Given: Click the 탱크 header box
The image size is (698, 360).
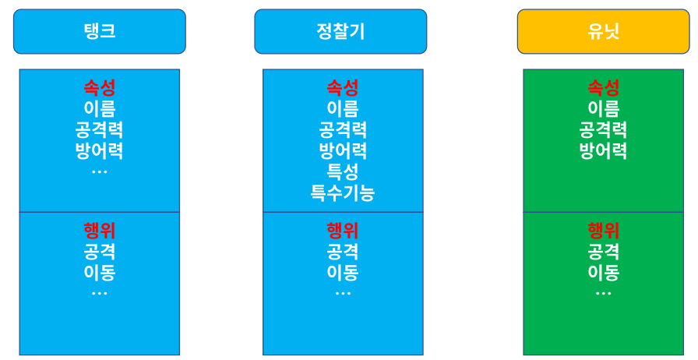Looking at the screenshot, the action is click(100, 31).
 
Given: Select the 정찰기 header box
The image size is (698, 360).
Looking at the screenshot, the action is click(340, 31).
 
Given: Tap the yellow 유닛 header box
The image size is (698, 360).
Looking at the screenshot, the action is click(604, 31).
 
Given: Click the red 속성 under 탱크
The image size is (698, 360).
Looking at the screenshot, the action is click(100, 87).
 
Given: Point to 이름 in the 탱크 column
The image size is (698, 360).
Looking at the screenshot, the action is click(100, 108).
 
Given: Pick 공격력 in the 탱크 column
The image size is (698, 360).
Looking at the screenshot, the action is click(100, 129).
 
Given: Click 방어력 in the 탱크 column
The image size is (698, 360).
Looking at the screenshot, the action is click(100, 150).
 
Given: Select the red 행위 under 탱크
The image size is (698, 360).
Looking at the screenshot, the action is click(100, 231).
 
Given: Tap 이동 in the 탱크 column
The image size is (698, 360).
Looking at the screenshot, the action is click(100, 273).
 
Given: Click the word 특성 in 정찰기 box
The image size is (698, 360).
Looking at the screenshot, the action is click(343, 171).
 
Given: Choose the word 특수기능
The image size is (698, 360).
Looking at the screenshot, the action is click(343, 192).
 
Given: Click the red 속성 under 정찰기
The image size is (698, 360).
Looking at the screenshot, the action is click(343, 87).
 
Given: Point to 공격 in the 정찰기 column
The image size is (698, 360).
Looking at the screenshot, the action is click(343, 252).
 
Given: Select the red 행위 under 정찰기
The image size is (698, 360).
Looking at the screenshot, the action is click(343, 231).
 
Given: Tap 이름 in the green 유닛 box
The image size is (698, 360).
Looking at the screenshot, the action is click(604, 108).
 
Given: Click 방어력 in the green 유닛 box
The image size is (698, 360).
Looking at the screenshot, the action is click(604, 150).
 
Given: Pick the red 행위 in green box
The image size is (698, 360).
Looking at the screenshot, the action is click(604, 231).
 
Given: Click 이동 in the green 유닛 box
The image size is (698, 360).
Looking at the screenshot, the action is click(604, 273).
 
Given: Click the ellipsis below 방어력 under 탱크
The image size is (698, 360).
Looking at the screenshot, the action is click(100, 171).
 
